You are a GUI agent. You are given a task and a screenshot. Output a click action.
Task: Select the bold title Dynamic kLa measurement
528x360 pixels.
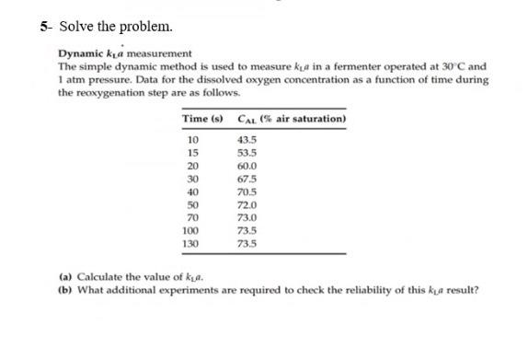click(x=125, y=54)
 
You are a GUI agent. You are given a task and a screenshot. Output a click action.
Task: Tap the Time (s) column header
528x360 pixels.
click(x=201, y=119)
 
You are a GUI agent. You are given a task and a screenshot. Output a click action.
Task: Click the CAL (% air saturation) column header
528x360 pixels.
click(x=292, y=119)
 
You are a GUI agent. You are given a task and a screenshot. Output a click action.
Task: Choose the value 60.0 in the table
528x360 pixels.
click(x=247, y=165)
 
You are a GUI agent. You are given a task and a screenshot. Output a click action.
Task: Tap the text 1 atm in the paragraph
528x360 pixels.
click(x=69, y=80)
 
